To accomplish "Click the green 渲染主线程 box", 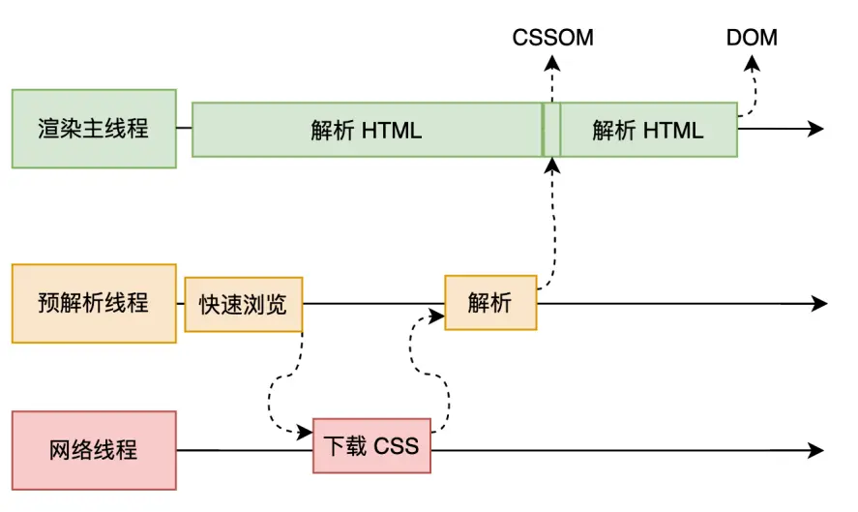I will click(x=94, y=129).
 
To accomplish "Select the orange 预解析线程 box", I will click(x=94, y=303).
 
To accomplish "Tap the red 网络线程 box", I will click(x=94, y=450).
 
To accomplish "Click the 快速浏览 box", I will click(x=243, y=304).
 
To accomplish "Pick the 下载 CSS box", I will click(x=371, y=446).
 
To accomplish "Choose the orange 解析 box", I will click(x=490, y=303).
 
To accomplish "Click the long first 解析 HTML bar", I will click(x=367, y=130).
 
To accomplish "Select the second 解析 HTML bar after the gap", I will click(x=648, y=130).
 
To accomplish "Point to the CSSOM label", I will click(x=552, y=39).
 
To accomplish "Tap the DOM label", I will click(x=752, y=39).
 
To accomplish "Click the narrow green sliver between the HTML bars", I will click(x=551, y=130).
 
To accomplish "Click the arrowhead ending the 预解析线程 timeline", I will click(x=819, y=304).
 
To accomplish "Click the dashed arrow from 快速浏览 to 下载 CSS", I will click(x=276, y=387).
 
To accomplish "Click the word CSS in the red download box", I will click(x=396, y=446).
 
